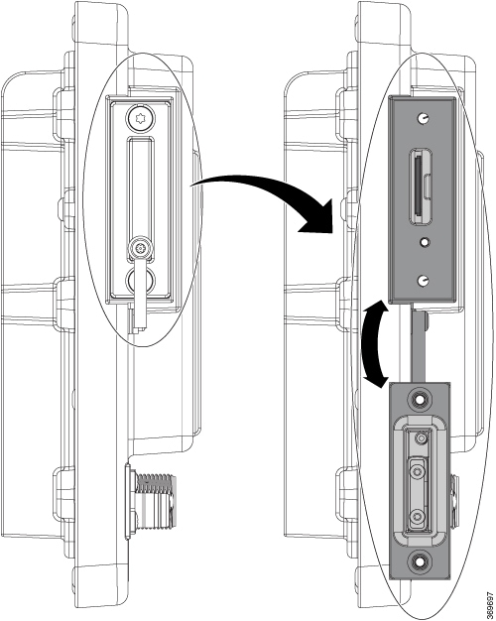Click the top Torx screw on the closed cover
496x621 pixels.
pos(141,118)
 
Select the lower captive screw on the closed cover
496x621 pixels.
pos(141,248)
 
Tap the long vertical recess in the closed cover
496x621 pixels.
pos(141,186)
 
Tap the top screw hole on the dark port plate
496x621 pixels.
pos(423,118)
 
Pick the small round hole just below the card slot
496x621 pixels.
pos(425,241)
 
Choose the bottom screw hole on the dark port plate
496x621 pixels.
pos(424,281)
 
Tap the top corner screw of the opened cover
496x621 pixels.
pos(419,399)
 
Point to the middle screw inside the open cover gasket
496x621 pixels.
pos(418,471)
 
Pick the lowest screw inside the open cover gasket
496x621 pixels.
pos(417,517)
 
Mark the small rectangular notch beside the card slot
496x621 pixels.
pos(426,186)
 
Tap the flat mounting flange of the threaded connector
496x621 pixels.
pos(128,501)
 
